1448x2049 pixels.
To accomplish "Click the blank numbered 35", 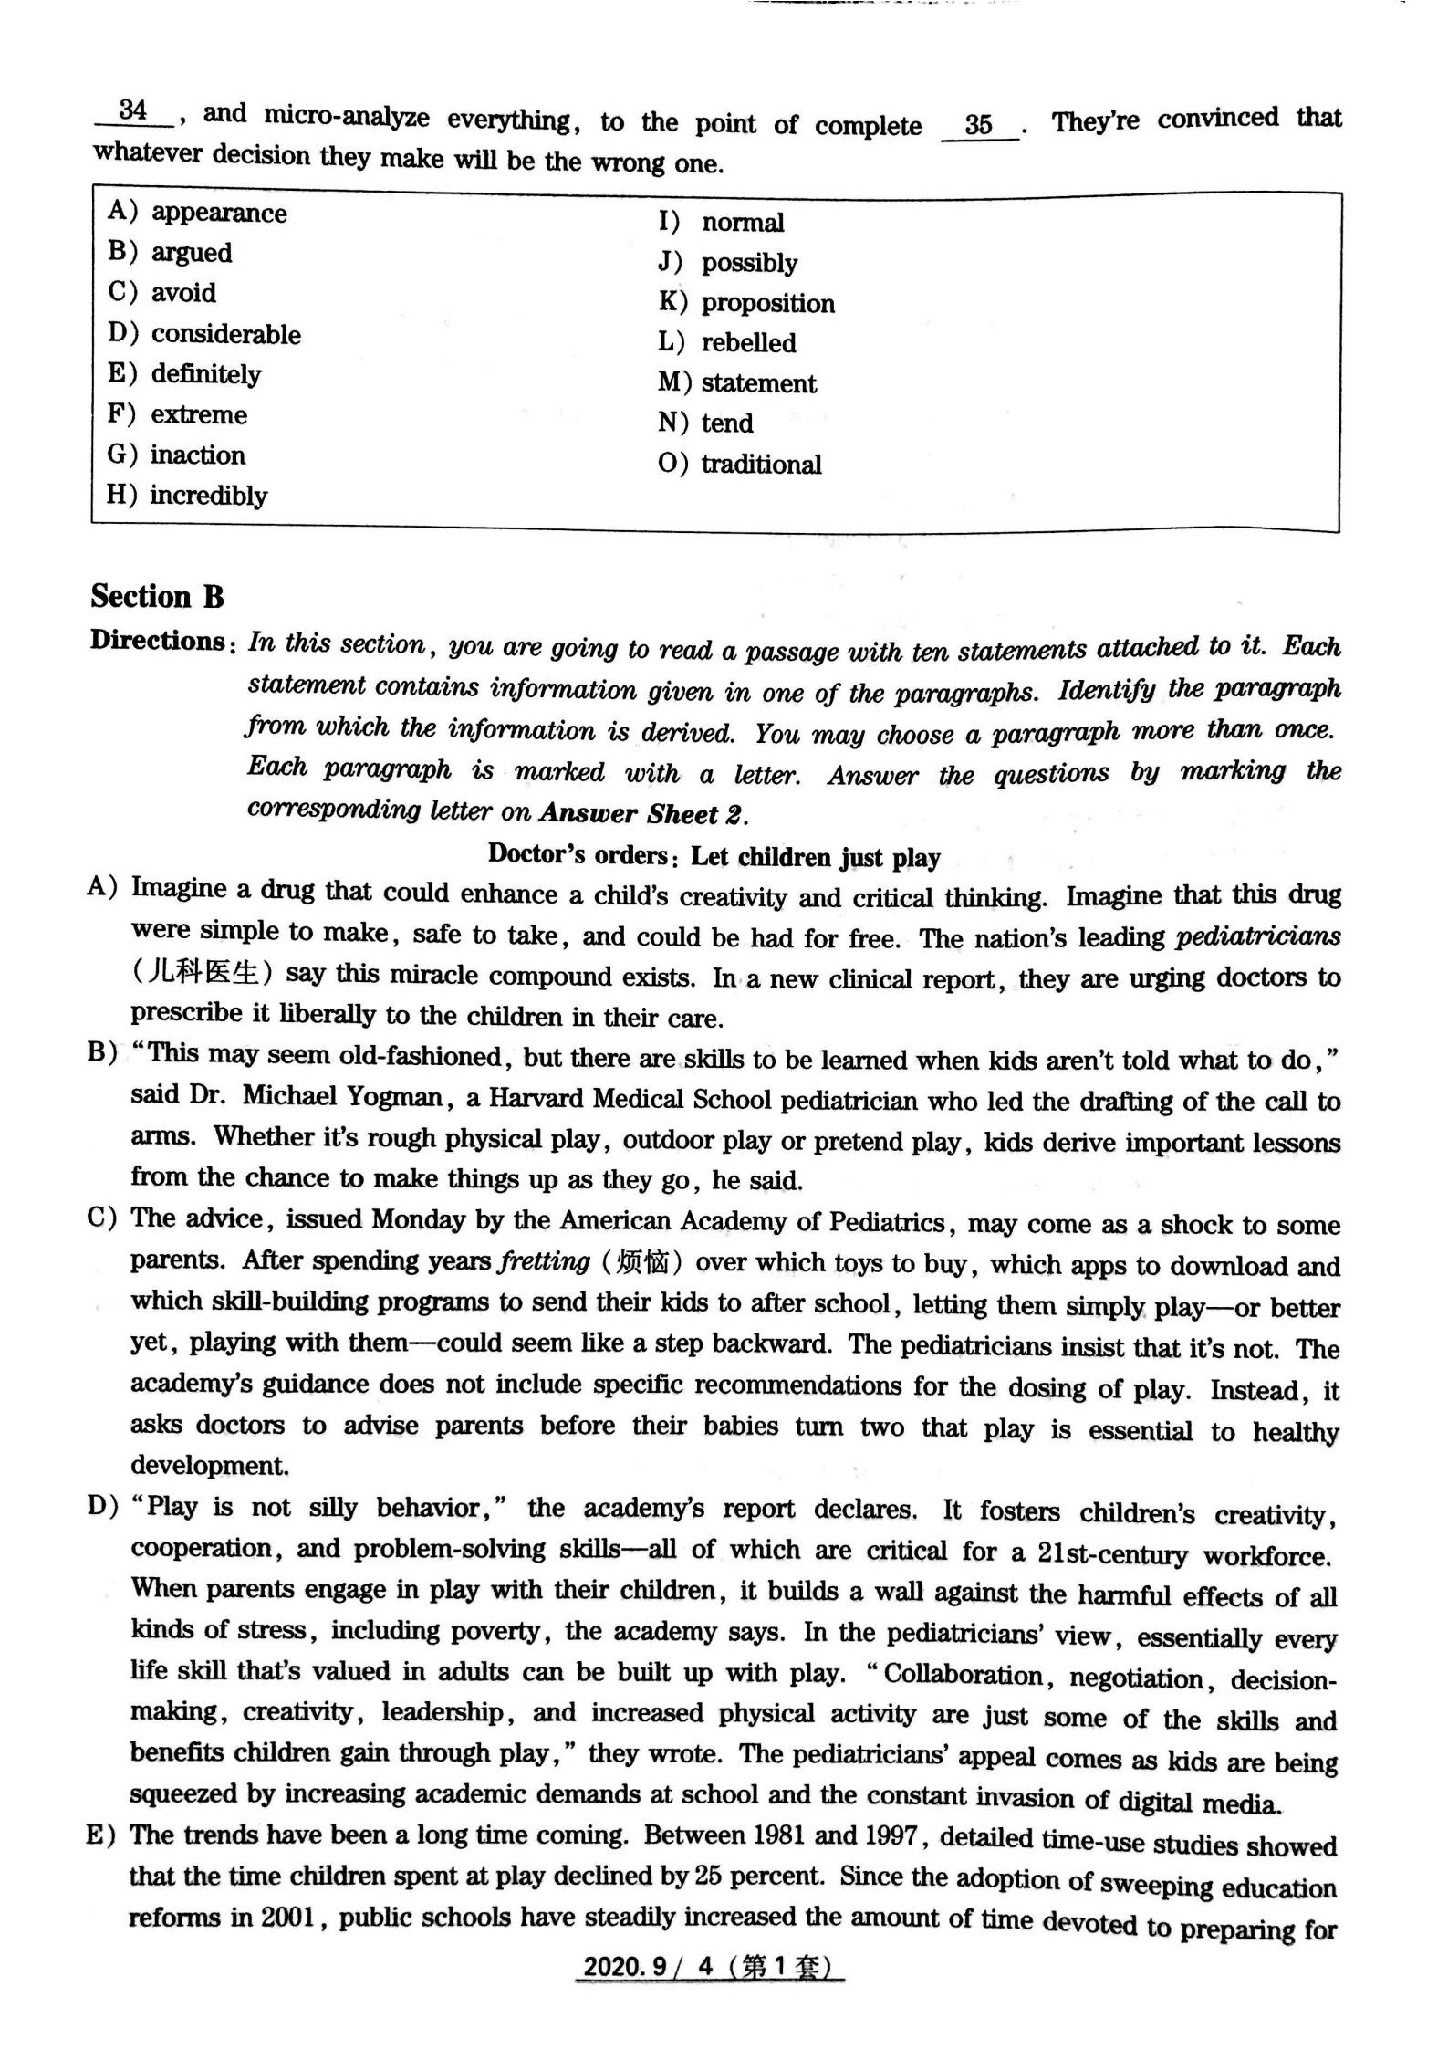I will tap(978, 125).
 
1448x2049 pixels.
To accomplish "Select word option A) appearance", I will tap(197, 213).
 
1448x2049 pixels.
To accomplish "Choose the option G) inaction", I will tap(176, 455).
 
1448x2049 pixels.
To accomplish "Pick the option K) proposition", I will tap(746, 303).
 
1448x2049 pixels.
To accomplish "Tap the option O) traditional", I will tap(739, 464).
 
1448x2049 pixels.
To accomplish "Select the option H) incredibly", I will tap(187, 496).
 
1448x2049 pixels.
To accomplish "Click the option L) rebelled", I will tap(726, 343).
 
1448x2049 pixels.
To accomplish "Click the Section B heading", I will tap(157, 597).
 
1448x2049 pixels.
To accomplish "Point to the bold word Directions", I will tap(157, 641).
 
